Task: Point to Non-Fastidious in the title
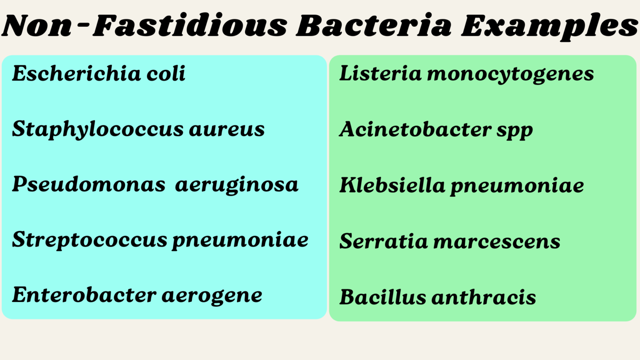(x=144, y=26)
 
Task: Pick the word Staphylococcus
(x=97, y=129)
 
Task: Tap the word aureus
(x=227, y=129)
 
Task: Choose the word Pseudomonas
(x=88, y=185)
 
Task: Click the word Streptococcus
(x=90, y=240)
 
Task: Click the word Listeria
(x=380, y=74)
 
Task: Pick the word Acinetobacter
(x=415, y=129)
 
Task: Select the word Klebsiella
(x=392, y=185)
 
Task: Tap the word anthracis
(x=484, y=297)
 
